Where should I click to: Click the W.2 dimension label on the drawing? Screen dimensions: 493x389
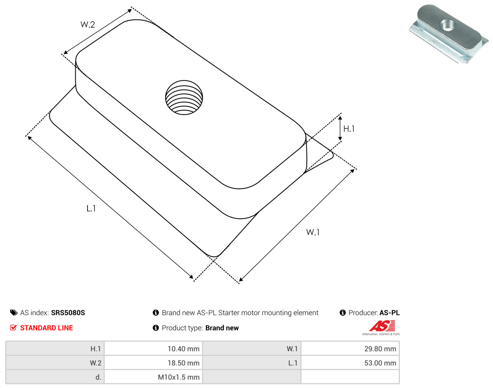coord(87,24)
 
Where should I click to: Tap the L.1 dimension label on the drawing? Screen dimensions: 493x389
coord(91,209)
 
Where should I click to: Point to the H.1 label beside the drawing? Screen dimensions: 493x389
coord(349,129)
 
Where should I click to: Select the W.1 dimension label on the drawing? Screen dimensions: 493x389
coord(313,233)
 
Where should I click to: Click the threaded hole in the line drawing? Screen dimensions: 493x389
coord(184,97)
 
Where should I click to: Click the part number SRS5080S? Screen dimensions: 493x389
coord(68,313)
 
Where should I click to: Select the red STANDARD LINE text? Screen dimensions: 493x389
coord(46,328)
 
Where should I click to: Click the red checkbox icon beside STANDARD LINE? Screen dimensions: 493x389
coord(13,328)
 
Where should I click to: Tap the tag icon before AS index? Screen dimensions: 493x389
coord(14,313)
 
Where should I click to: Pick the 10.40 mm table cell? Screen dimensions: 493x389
coord(153,349)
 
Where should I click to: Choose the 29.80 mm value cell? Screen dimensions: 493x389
coord(350,349)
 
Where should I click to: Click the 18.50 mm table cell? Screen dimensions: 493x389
coord(153,363)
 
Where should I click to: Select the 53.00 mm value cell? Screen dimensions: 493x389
coord(350,363)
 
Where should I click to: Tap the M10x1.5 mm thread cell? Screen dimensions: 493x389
coord(153,377)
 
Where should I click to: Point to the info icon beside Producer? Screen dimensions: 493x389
coord(343,313)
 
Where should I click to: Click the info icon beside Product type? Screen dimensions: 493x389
coord(156,328)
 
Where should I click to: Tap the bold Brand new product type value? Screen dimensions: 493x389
coord(222,328)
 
